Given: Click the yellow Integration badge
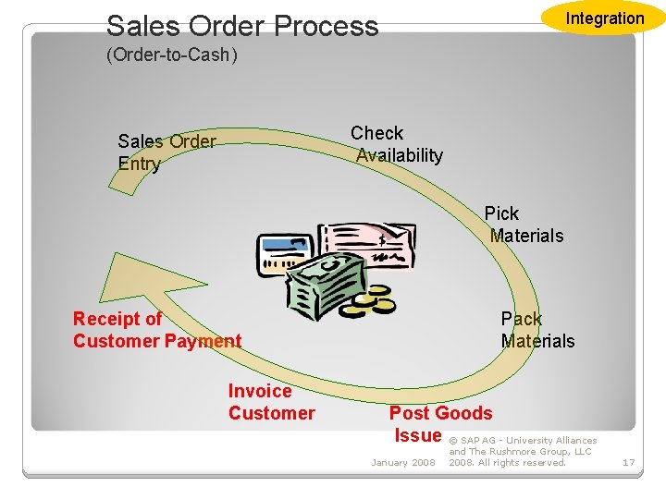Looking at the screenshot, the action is click(604, 18).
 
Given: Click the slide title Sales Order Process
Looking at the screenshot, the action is click(242, 26).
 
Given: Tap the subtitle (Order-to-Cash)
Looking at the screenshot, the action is click(172, 55).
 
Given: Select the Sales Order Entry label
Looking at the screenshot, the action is click(166, 152).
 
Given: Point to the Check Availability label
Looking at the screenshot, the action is click(398, 144).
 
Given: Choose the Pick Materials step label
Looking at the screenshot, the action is click(524, 225).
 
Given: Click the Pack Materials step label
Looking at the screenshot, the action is click(537, 330).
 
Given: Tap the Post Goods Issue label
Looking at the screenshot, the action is click(439, 424).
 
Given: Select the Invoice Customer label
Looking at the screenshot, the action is click(271, 402).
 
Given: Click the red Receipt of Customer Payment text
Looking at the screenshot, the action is click(156, 330).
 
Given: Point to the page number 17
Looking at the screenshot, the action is click(628, 462).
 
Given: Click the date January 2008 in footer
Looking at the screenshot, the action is click(402, 462).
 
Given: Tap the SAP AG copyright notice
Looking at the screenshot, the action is click(523, 452).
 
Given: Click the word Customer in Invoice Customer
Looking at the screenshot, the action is click(271, 413).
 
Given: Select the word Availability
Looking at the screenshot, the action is click(400, 155).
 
